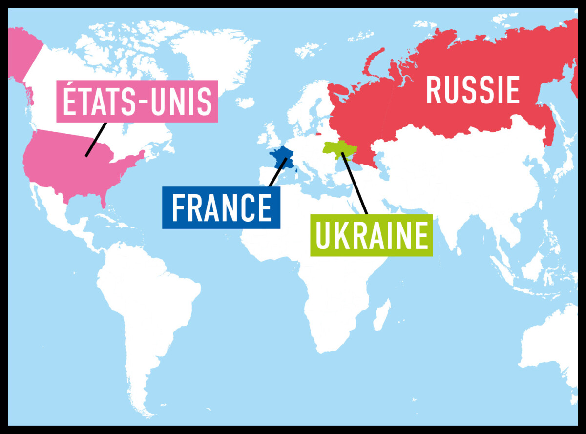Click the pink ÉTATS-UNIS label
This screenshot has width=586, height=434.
tap(137, 101)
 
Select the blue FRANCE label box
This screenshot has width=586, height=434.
tap(221, 207)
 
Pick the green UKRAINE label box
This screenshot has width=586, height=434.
tap(371, 235)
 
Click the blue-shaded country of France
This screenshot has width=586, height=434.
tap(283, 158)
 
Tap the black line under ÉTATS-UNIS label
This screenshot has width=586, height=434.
tap(96, 139)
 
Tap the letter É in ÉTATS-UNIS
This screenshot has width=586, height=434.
tap(70, 100)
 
